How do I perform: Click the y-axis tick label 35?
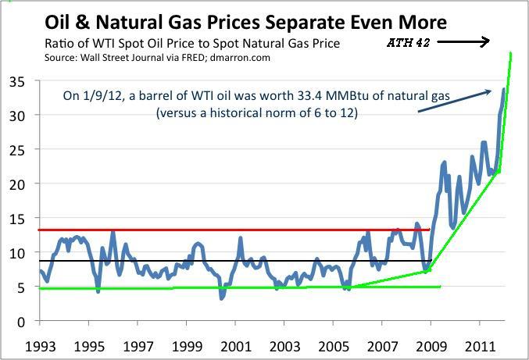(x=16, y=81)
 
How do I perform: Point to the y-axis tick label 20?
(x=16, y=184)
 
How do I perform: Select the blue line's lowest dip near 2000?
(x=222, y=298)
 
